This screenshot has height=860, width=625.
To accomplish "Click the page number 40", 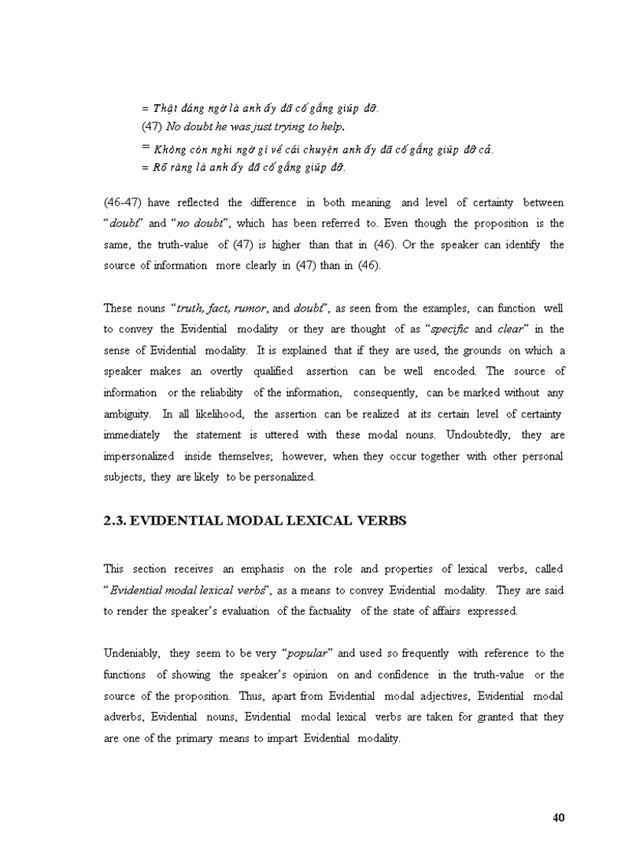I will (558, 817).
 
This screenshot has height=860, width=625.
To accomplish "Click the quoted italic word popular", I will (307, 653).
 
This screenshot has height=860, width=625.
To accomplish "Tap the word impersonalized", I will (132, 456).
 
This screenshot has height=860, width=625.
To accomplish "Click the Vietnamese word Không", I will (169, 149).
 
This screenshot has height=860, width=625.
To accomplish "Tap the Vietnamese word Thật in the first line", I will (165, 108).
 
